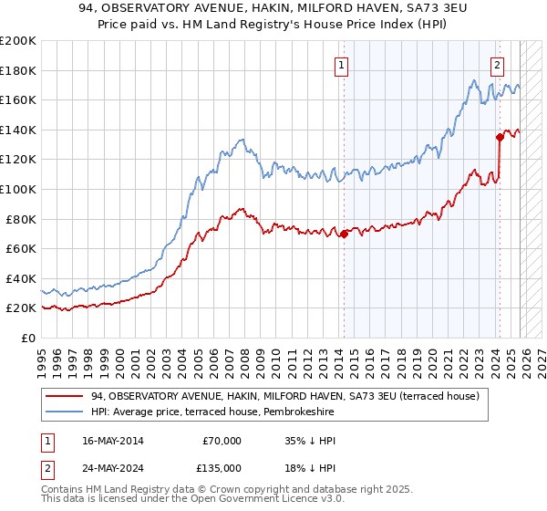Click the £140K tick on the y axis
point(18,130)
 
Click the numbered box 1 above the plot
point(341,65)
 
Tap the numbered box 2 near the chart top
point(497,65)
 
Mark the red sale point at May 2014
point(344,235)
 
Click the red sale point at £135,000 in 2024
point(500,138)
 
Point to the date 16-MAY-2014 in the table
point(117,441)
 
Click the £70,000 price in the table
point(222,441)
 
